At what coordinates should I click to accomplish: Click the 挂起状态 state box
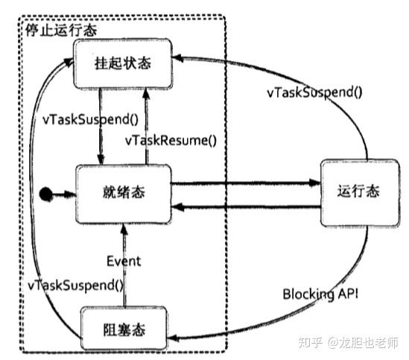[123, 63]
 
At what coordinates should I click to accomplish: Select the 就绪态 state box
[123, 192]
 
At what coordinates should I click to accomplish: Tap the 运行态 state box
[352, 192]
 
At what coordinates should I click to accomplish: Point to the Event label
[124, 261]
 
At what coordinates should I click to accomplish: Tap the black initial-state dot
[47, 195]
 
